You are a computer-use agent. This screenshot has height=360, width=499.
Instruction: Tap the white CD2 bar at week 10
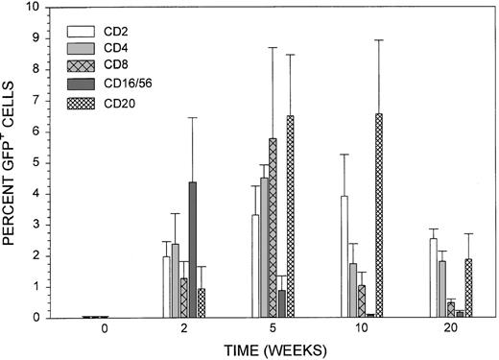pos(342,256)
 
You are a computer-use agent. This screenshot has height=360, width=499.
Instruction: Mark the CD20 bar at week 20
pos(468,288)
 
